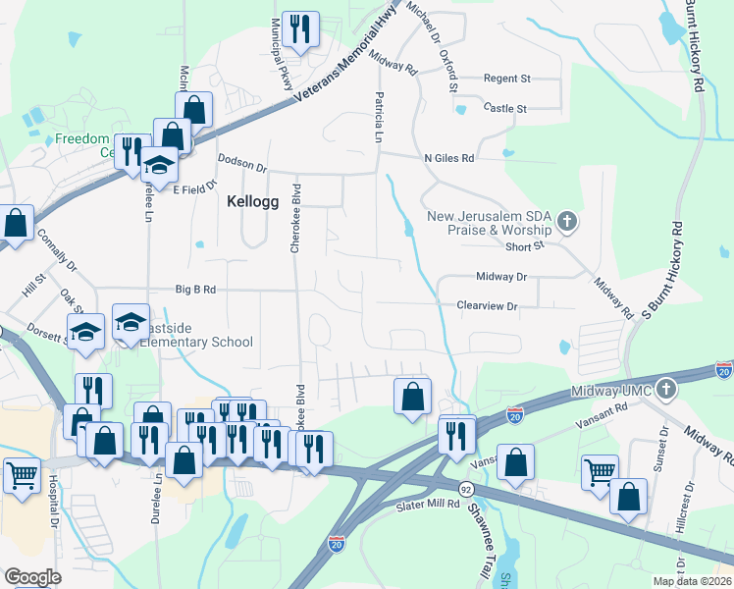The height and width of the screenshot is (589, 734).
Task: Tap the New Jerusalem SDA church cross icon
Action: point(566,222)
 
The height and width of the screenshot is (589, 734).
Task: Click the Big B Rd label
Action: point(195,290)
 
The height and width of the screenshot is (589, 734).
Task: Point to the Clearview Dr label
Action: point(487,306)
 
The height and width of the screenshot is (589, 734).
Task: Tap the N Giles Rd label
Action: point(448,157)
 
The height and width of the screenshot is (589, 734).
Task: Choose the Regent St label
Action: point(506,79)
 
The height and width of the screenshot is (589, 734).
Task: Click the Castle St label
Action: point(506,108)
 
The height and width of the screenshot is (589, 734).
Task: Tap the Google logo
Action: point(32,577)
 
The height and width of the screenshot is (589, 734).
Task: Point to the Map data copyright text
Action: point(693,581)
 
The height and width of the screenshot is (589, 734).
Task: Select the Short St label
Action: point(525,246)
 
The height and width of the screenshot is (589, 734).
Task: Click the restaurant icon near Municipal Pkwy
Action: point(299,28)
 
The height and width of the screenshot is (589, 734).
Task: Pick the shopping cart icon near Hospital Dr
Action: point(21,475)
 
